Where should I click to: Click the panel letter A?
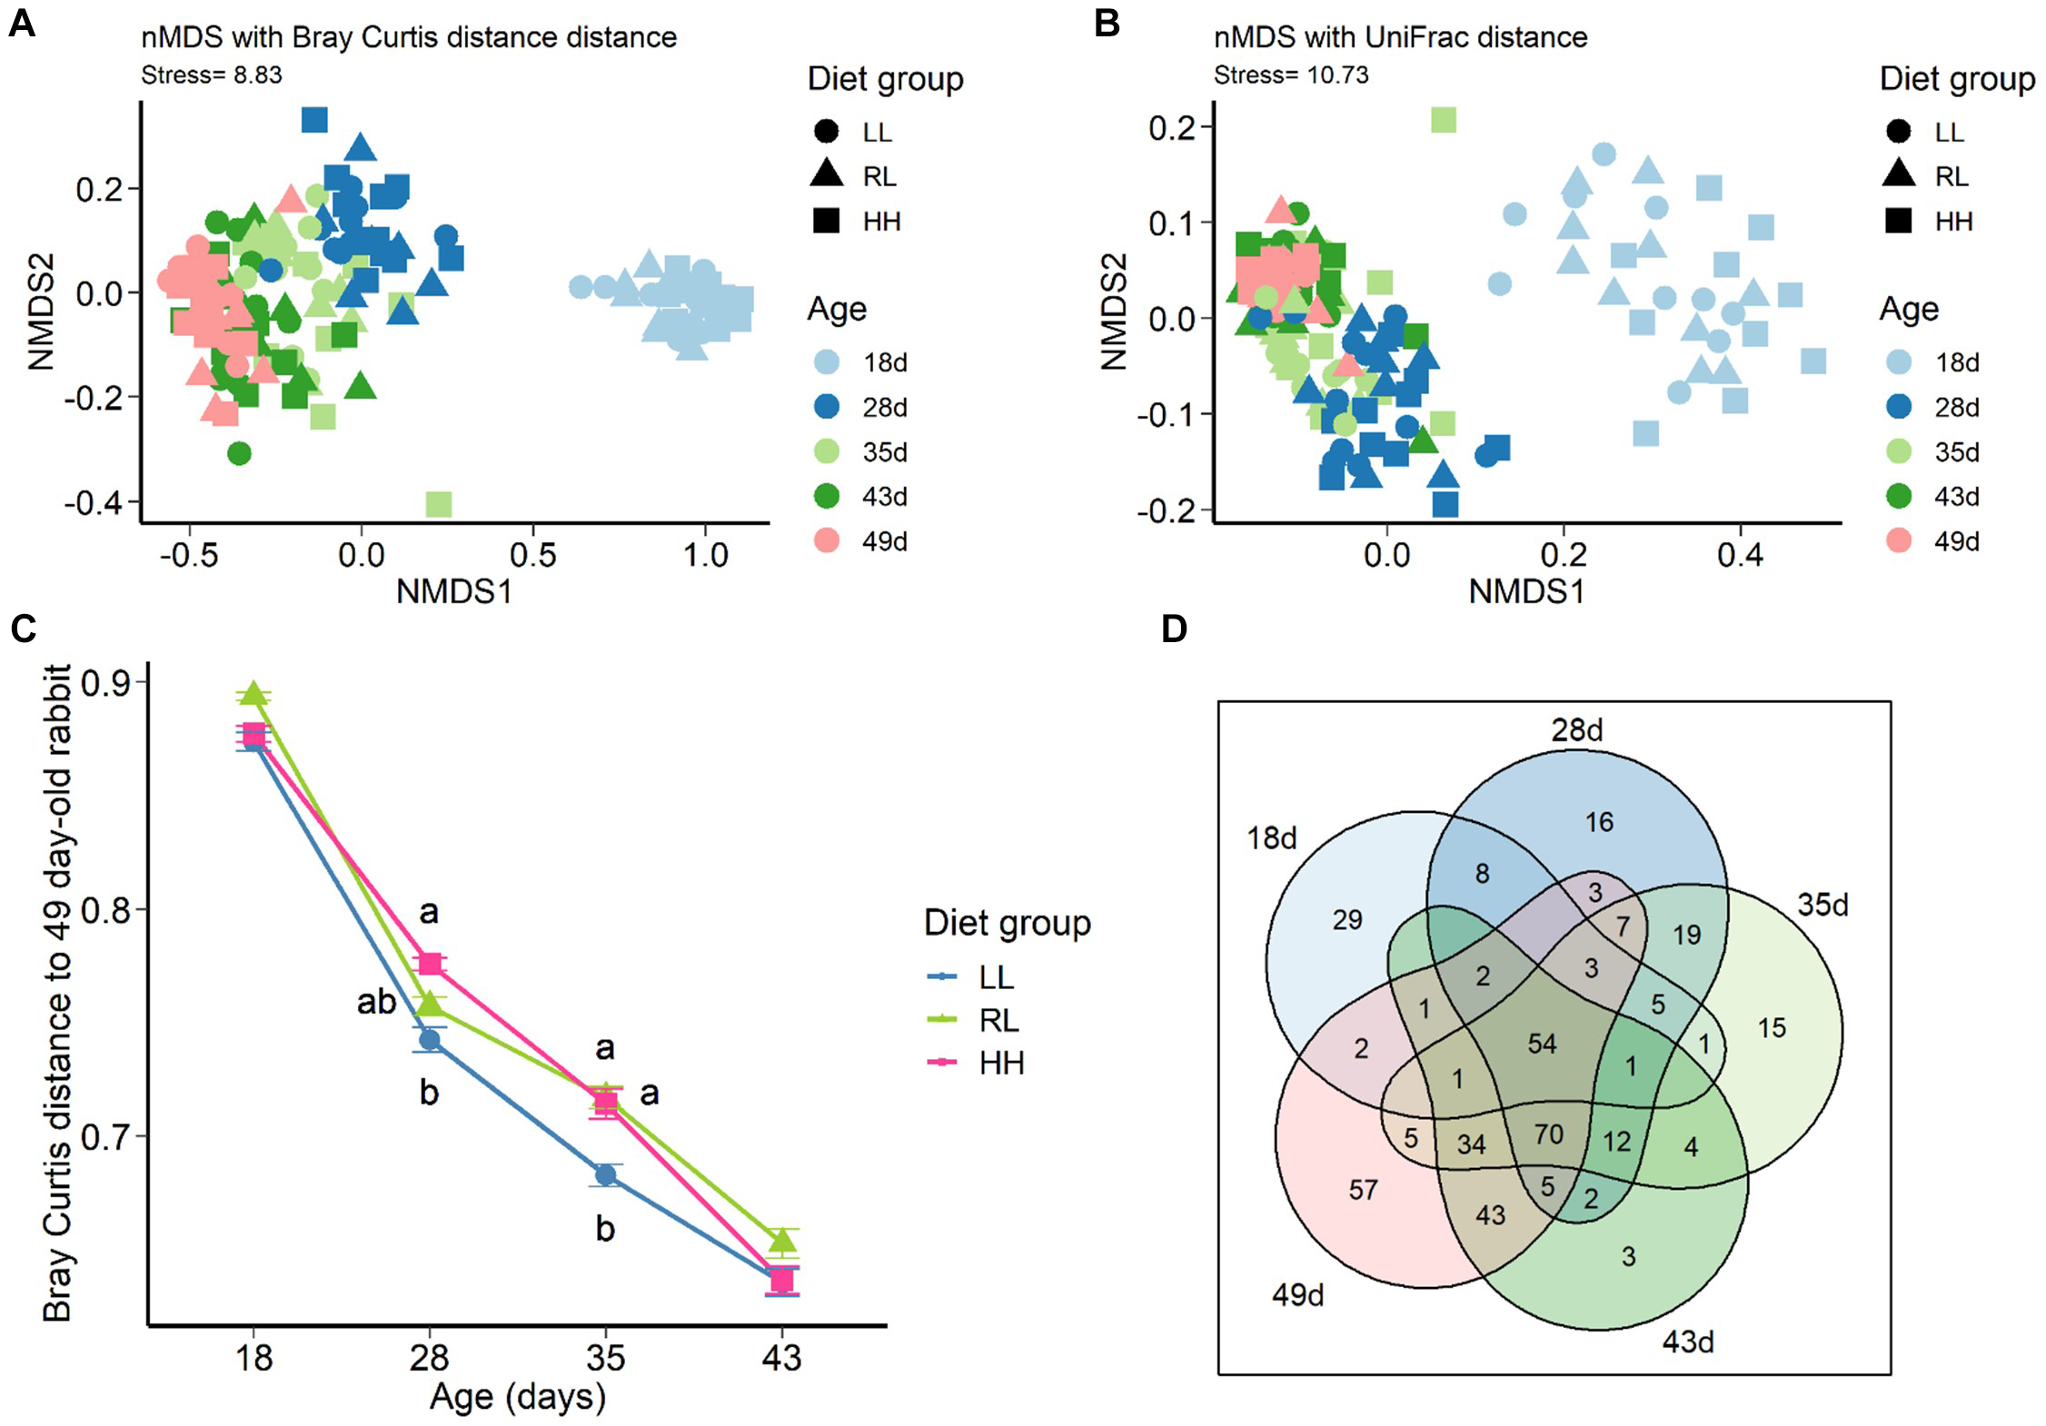tap(22, 22)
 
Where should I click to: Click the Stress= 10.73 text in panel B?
tap(1290, 74)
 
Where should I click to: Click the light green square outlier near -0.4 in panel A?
tap(439, 503)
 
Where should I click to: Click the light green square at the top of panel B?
tap(1443, 120)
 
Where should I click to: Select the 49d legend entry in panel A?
tap(884, 541)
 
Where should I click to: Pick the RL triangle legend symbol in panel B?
tap(1898, 174)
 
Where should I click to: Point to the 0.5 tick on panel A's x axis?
tap(532, 555)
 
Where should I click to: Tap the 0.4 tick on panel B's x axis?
tap(1740, 555)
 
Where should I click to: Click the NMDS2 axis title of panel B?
tap(1114, 312)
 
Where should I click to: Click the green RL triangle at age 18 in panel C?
tap(253, 695)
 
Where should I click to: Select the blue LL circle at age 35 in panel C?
tap(606, 1175)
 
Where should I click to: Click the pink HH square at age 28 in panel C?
tap(430, 964)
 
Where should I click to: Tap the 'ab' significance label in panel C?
tap(376, 1003)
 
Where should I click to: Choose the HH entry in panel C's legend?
tap(999, 1063)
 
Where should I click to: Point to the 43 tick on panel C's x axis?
tap(781, 1358)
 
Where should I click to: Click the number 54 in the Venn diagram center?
tap(1542, 1044)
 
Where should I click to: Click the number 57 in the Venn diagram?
tap(1363, 1190)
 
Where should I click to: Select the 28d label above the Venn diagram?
tap(1576, 729)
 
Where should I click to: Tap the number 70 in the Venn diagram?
tap(1548, 1134)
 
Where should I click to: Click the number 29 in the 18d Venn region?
tap(1346, 920)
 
